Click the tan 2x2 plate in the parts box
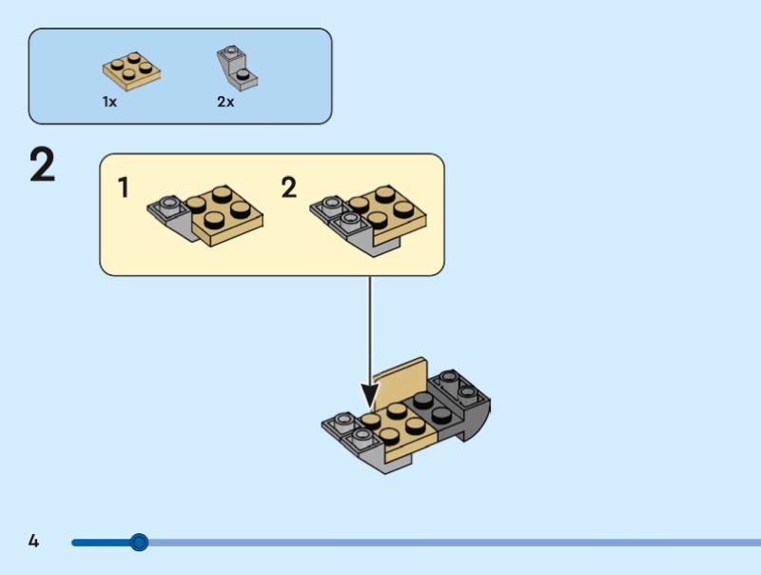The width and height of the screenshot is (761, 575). click(x=131, y=71)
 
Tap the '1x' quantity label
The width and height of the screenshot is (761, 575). click(x=109, y=102)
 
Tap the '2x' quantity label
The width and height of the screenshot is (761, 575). click(x=225, y=102)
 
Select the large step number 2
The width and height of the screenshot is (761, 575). click(x=43, y=166)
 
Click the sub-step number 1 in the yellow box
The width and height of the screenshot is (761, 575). click(x=124, y=188)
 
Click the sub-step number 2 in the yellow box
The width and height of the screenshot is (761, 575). click(x=289, y=188)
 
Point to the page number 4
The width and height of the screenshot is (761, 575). click(x=33, y=542)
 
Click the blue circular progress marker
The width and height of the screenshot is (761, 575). click(x=139, y=543)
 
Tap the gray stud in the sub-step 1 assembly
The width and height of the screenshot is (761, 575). click(x=169, y=203)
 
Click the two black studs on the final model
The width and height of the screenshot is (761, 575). click(x=430, y=407)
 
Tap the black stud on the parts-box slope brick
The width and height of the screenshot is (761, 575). click(x=244, y=72)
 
